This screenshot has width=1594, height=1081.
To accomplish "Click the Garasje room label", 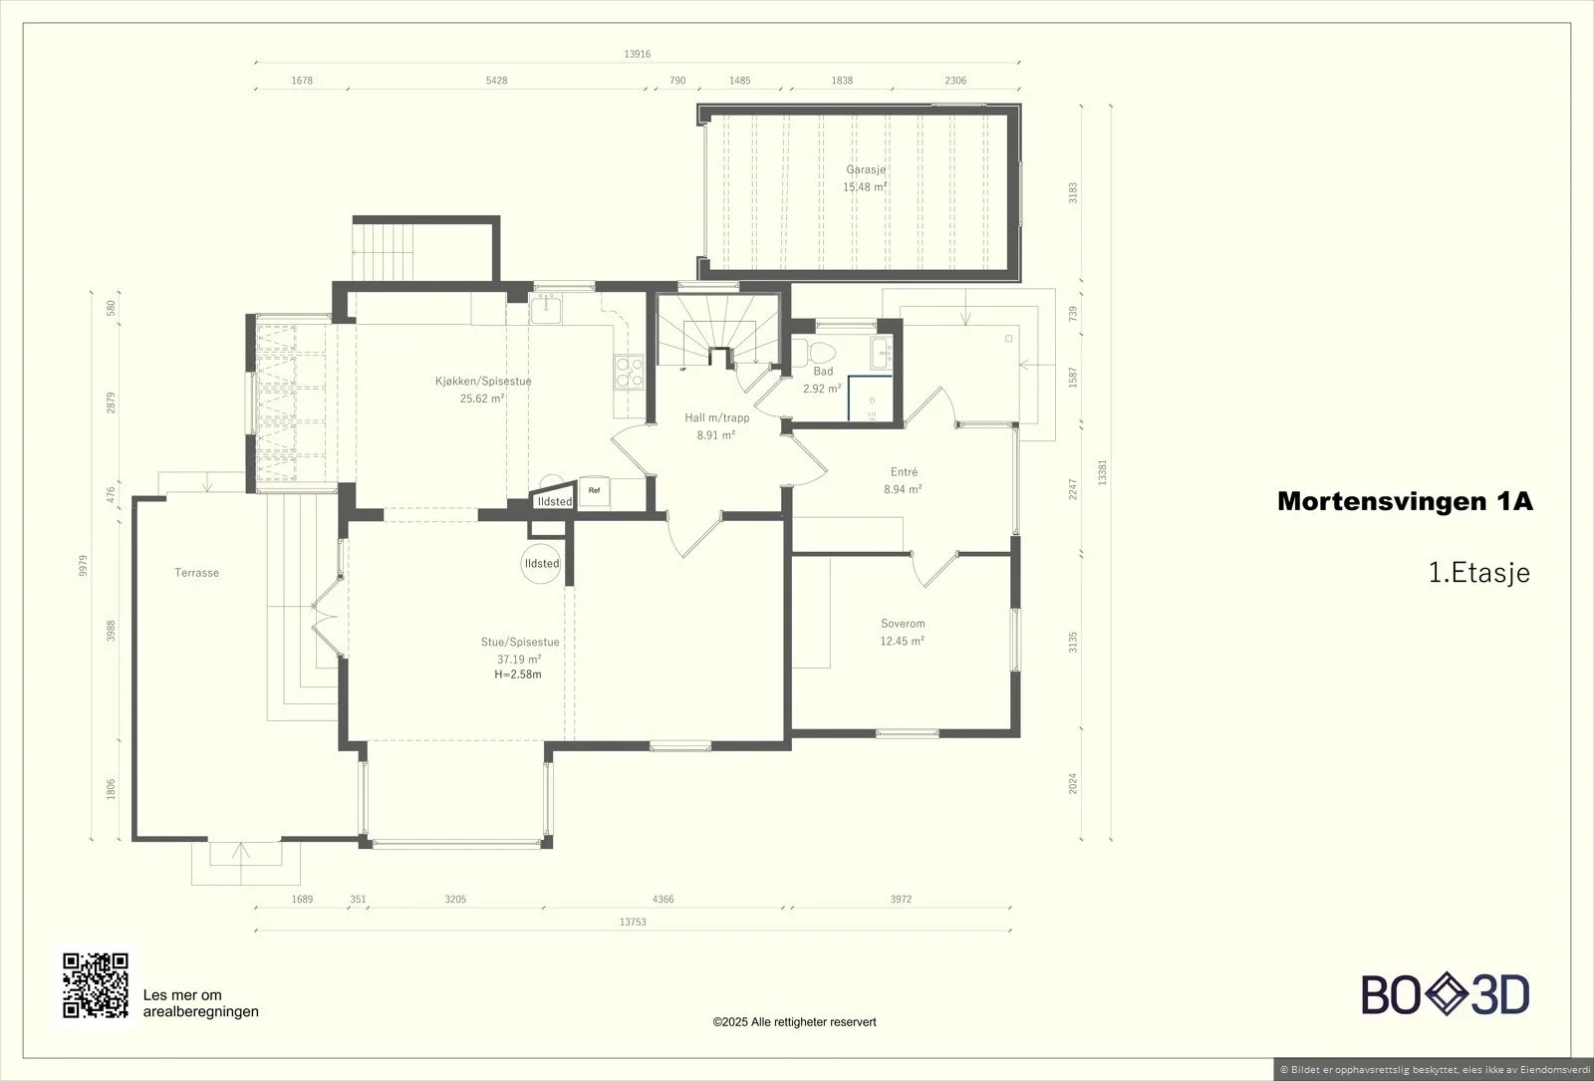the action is pos(866,169).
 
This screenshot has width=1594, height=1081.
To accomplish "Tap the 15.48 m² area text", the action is pos(865,187).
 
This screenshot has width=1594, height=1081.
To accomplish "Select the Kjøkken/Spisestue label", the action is pos(483,382).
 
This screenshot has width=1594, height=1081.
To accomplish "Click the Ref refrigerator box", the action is pos(594,491).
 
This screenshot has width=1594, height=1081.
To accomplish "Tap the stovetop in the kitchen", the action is pos(629,372).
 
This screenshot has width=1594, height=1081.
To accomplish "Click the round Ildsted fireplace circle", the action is pos(542,563).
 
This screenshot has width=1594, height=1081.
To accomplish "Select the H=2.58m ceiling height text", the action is pos(518,675).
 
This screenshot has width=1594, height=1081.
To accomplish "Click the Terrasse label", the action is pos(197,573).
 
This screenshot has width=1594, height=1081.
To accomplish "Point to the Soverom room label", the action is pos(903,624).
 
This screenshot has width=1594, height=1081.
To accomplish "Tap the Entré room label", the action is pos(904,472).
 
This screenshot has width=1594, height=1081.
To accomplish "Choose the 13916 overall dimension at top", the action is pos(637,54).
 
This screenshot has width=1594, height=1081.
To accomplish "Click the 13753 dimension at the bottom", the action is pos(633,922).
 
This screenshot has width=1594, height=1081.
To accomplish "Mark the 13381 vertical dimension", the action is pos(1102,472).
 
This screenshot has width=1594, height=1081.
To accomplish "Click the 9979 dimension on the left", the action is pos(84,566).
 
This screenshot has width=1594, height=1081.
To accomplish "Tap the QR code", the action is pos(96,985).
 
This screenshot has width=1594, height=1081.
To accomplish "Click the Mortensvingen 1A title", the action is pos(1406,502).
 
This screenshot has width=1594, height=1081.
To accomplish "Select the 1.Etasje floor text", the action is pos(1479,572).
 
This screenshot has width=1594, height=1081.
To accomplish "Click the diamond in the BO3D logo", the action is pos(1446,994).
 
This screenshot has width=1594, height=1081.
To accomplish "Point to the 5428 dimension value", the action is pos(497,81).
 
